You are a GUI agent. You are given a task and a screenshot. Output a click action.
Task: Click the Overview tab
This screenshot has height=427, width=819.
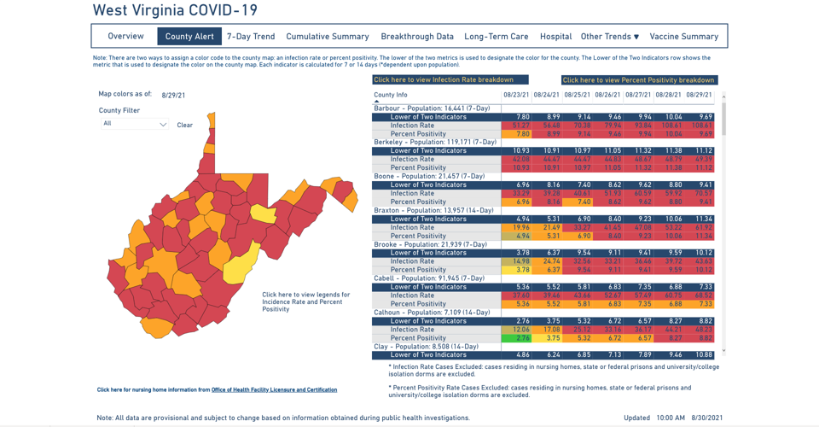(x=125, y=37)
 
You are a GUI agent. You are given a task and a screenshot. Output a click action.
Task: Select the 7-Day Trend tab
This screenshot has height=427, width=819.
(x=251, y=37)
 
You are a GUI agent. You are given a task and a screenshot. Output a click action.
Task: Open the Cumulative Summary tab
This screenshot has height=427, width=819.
(x=328, y=37)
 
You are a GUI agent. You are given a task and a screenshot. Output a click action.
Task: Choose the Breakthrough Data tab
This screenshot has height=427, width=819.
(x=417, y=37)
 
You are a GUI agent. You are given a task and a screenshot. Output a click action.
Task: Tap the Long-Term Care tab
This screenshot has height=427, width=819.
(x=497, y=37)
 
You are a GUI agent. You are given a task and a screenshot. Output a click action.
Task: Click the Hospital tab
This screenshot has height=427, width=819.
(x=555, y=37)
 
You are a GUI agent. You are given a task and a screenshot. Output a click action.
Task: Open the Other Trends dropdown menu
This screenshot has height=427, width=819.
(x=610, y=37)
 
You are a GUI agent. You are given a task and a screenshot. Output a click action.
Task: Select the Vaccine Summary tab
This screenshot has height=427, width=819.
(x=684, y=37)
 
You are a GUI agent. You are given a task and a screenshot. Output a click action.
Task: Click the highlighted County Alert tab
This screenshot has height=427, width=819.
(x=189, y=37)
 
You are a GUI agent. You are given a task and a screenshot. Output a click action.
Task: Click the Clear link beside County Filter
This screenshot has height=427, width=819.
(x=184, y=125)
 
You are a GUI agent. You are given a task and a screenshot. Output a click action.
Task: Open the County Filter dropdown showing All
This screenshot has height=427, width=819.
(x=135, y=124)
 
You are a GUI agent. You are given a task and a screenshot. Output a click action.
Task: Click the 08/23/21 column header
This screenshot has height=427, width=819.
(x=516, y=95)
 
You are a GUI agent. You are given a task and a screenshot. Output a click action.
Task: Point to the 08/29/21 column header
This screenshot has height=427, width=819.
(x=699, y=95)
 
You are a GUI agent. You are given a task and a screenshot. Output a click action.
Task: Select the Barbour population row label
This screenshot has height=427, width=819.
(x=432, y=108)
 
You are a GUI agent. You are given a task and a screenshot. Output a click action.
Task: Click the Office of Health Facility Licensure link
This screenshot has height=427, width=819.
(x=274, y=389)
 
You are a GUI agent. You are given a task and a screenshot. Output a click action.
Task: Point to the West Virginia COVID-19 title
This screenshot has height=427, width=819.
(x=175, y=11)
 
